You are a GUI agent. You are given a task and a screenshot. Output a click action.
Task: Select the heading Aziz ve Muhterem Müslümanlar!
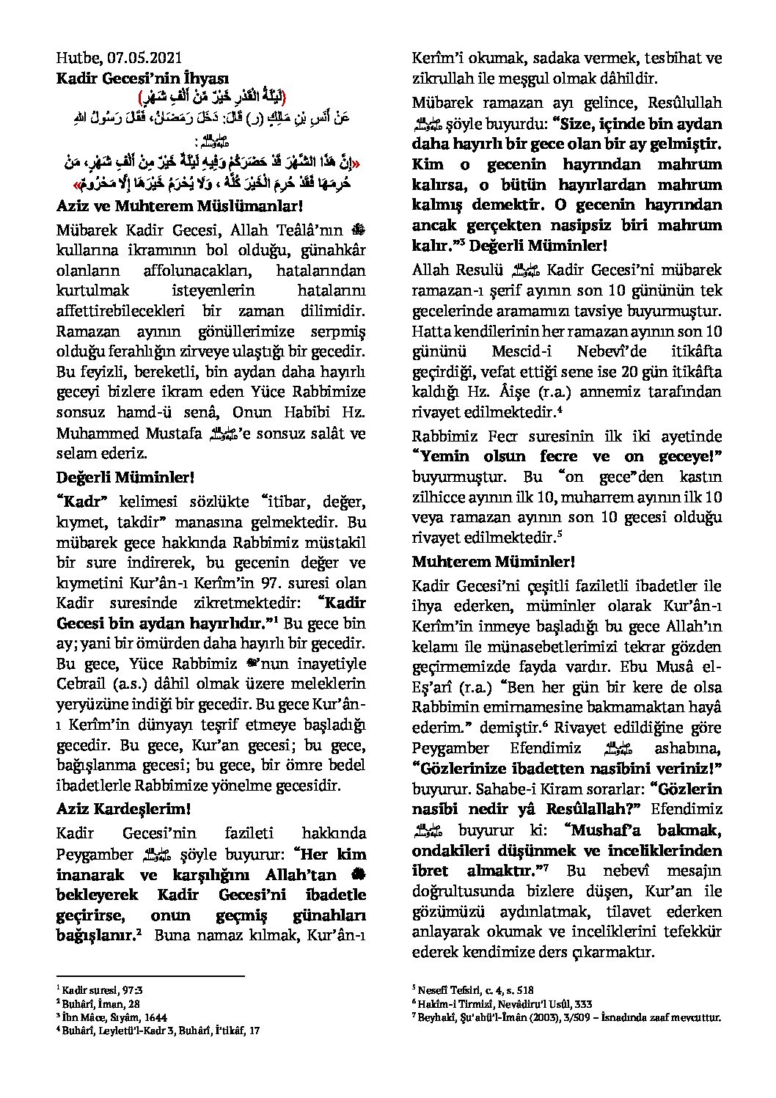(x=179, y=208)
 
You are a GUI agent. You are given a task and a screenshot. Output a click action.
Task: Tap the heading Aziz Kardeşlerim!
(x=125, y=809)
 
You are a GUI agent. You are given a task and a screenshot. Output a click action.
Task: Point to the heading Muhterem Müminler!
(x=493, y=563)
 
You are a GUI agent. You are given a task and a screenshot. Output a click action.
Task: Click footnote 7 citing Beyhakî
(x=567, y=1017)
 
